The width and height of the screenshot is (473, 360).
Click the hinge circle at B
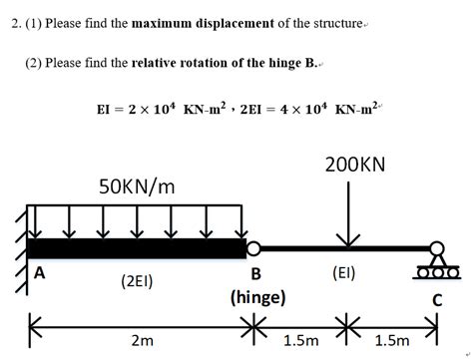tap(253, 247)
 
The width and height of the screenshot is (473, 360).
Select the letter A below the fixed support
tap(40, 271)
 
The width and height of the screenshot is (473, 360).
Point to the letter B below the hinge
tap(256, 274)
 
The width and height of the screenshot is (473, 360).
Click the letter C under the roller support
tap(436, 298)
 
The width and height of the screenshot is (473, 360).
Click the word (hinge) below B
tap(257, 297)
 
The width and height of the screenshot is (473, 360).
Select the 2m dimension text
tap(142, 340)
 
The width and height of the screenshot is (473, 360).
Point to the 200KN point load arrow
tap(349, 214)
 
